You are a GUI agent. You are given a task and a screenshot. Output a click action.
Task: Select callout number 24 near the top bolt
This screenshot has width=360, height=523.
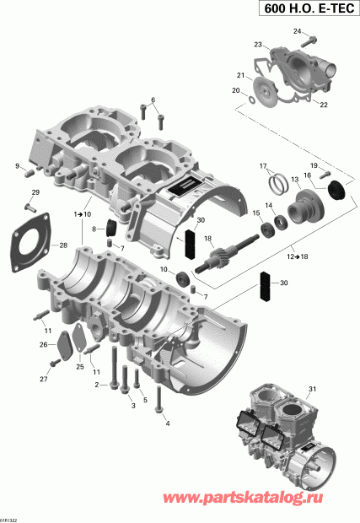[x=297, y=31]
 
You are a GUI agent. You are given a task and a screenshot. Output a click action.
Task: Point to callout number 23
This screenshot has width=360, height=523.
[x=258, y=43]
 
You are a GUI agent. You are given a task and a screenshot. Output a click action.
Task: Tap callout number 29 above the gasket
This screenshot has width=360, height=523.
[x=35, y=193]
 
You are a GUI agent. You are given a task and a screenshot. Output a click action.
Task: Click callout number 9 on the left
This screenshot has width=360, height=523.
[x=16, y=166]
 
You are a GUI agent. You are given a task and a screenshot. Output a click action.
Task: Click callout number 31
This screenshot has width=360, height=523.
[x=313, y=388]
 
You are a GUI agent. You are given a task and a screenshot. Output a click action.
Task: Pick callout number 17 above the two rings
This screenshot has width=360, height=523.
[x=263, y=164]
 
